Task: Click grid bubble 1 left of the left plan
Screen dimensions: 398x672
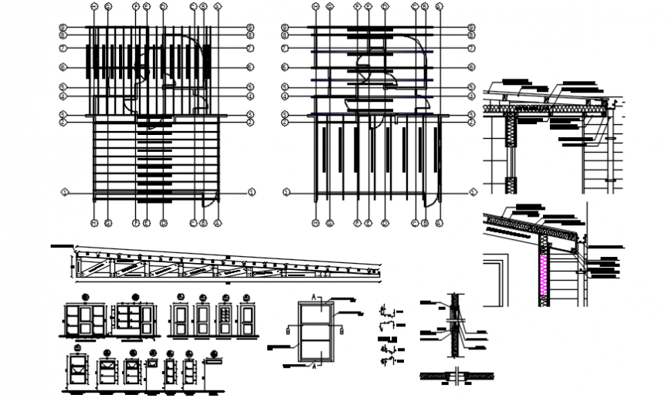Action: tap(66, 191)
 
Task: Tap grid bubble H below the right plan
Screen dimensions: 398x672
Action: tap(315, 224)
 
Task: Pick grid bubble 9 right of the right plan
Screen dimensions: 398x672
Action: tap(470, 28)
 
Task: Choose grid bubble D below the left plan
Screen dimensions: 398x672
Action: tap(164, 224)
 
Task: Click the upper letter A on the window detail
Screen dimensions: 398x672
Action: tap(313, 297)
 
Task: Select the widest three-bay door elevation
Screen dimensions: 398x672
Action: tap(86, 320)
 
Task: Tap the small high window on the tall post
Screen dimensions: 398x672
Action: tap(212, 359)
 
